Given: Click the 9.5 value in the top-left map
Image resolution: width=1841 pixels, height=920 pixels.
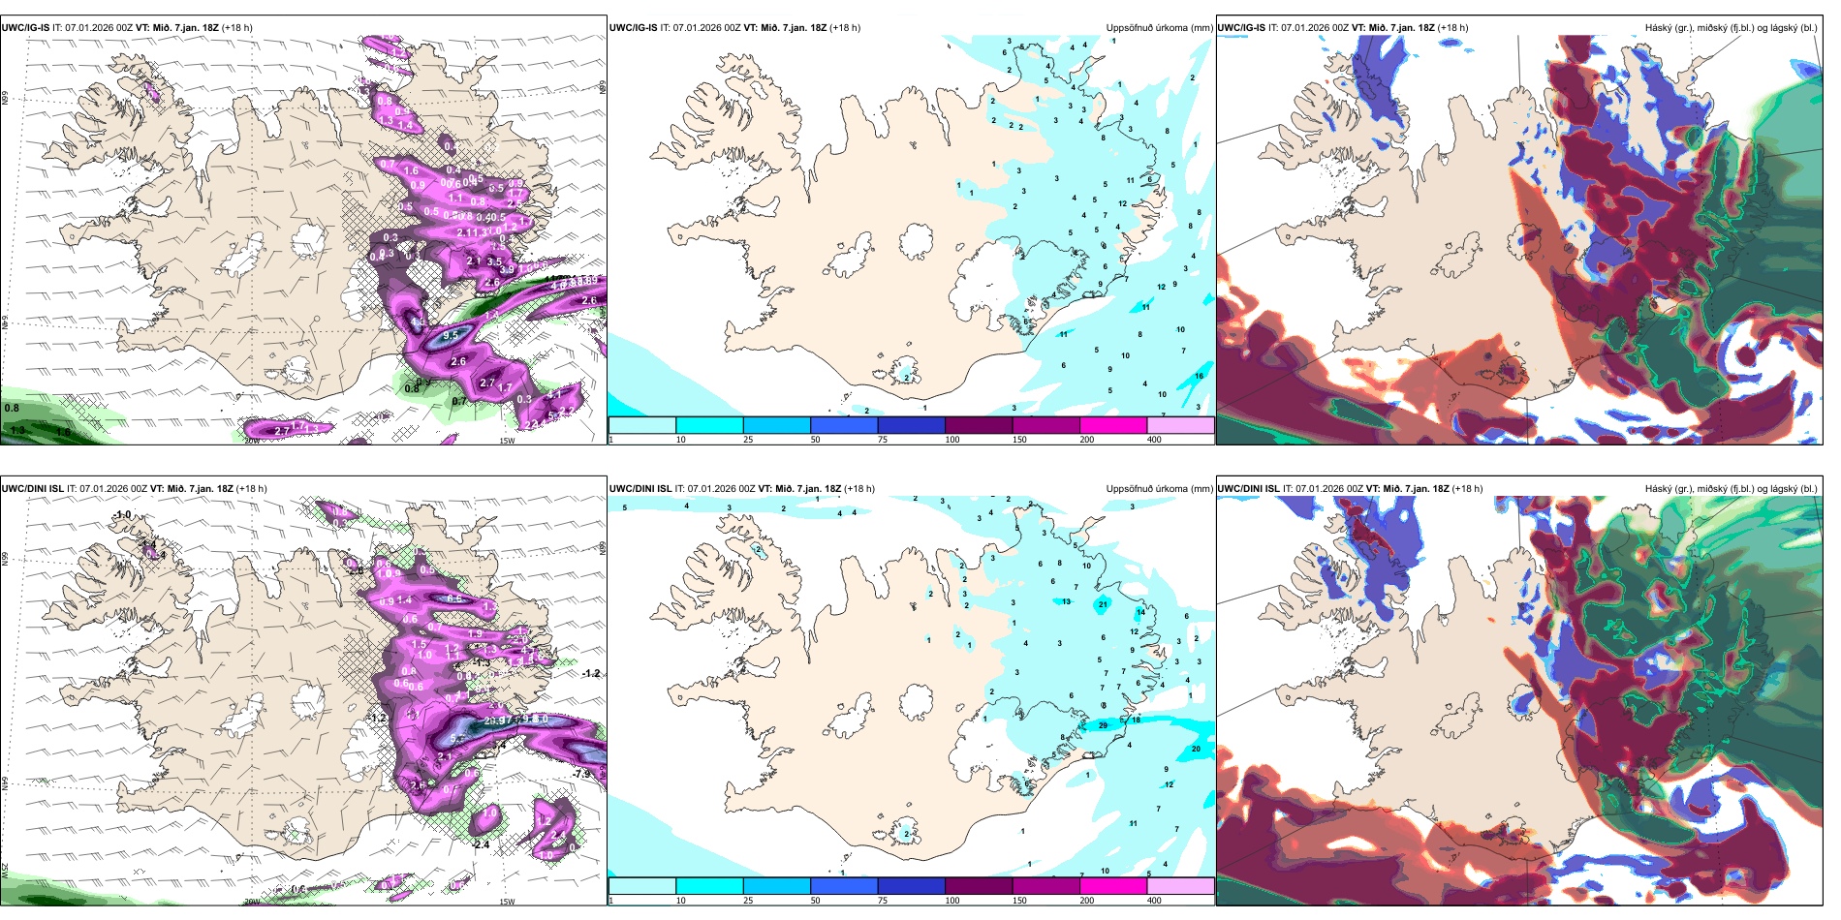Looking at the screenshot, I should (451, 335).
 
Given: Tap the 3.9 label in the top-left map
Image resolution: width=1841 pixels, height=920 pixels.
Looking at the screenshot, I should (507, 270).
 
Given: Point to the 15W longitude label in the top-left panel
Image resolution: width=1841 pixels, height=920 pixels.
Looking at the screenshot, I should (507, 441).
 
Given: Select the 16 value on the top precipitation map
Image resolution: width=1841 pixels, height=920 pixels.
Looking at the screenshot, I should (1199, 377).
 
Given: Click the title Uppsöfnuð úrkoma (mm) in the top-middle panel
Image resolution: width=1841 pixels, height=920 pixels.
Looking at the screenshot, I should (1159, 28).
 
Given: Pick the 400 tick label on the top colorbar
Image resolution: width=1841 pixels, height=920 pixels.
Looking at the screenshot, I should (1154, 440).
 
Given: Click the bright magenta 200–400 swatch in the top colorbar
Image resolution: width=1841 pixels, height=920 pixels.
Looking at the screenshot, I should (1113, 425).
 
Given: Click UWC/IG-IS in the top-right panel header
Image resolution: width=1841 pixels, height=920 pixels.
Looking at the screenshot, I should (1241, 28).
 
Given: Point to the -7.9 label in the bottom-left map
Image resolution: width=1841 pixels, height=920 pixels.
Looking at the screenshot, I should (581, 774).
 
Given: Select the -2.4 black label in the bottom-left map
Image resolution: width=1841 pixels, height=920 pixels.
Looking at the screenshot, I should (481, 844).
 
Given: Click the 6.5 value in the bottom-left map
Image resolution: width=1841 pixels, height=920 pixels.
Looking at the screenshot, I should (454, 598).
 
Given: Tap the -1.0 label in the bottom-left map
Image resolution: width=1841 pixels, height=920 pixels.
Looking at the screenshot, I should (122, 515).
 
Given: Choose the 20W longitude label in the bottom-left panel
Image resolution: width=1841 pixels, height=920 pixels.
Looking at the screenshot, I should (252, 902).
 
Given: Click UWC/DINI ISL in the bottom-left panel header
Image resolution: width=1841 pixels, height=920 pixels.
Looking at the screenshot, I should (32, 489).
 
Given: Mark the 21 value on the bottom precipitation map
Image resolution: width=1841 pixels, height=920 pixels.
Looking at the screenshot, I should (1103, 605).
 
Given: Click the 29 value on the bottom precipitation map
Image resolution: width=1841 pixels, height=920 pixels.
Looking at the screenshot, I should (1103, 725).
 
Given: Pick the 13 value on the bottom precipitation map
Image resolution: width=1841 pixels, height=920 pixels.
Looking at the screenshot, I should (1066, 602).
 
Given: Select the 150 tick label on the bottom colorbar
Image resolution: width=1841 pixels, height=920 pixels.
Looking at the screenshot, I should (1019, 901).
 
